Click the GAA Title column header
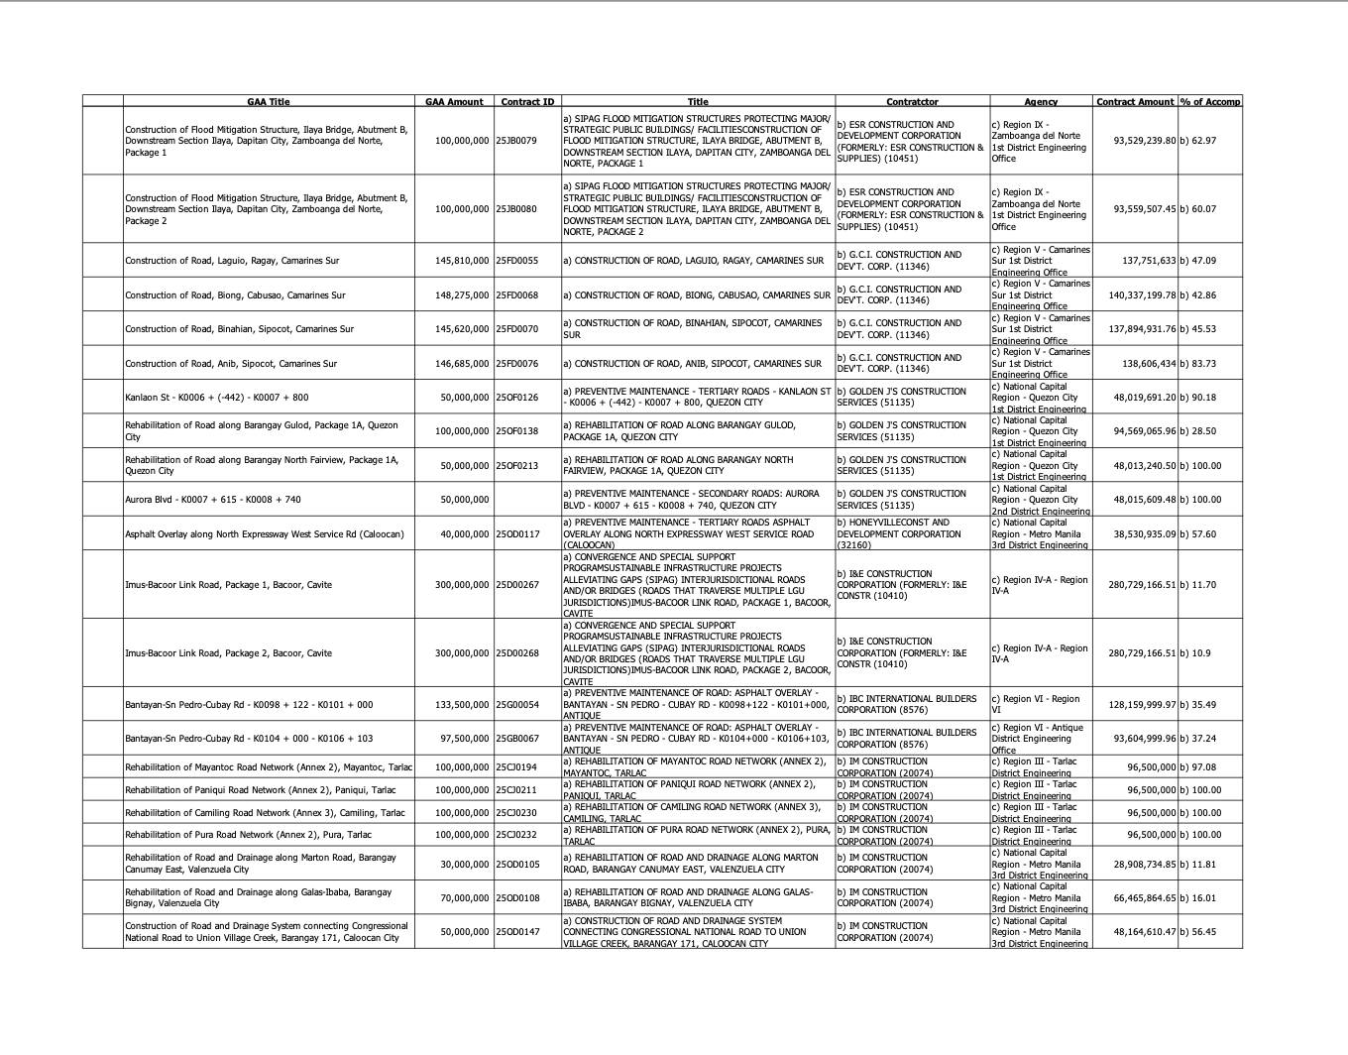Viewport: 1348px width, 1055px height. click(x=268, y=102)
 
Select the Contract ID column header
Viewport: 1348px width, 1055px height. click(x=527, y=102)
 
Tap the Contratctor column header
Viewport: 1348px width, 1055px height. click(x=912, y=102)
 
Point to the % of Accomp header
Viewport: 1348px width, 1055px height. click(x=1209, y=102)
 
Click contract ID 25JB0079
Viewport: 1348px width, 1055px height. click(x=516, y=141)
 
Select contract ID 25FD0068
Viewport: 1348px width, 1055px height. click(x=516, y=295)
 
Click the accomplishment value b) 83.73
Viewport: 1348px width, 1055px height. click(x=1197, y=364)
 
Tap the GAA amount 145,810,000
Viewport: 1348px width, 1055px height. click(x=462, y=261)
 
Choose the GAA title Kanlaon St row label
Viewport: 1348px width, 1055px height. click(x=216, y=398)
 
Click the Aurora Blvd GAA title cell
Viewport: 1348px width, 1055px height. click(x=213, y=500)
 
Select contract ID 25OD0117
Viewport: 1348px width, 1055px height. click(x=517, y=534)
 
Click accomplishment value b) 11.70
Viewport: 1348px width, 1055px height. click(x=1197, y=585)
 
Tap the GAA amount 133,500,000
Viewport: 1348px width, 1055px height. click(x=462, y=705)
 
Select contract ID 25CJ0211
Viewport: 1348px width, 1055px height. click(x=516, y=790)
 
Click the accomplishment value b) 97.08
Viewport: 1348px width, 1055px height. click(x=1197, y=767)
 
